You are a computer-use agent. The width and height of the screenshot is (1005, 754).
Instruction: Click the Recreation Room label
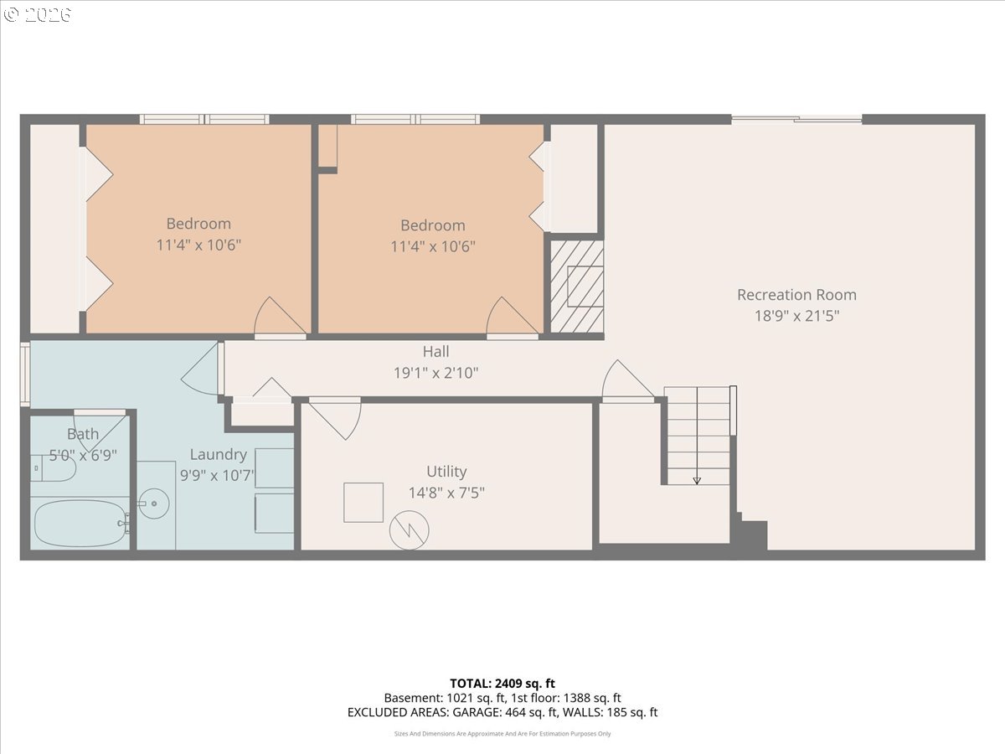coord(796,295)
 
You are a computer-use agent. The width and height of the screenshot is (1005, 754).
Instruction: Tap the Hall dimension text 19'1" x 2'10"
coord(435,373)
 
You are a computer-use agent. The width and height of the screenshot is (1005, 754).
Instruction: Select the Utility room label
coord(446,472)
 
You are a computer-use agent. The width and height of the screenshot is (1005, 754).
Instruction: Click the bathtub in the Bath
coord(80,523)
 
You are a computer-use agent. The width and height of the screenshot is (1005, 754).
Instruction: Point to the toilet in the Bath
coord(53,467)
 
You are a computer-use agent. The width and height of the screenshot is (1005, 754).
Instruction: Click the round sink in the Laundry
coord(154,504)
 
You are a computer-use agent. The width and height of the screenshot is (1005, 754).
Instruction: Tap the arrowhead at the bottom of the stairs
coord(697,481)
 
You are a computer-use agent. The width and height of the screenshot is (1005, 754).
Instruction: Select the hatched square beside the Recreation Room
coord(576,287)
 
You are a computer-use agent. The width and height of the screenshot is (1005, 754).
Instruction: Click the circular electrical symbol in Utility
coord(409,530)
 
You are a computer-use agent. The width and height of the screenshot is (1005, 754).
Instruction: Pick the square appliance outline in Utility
coord(363,502)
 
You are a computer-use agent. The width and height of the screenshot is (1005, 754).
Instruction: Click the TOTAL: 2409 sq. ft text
coord(502,684)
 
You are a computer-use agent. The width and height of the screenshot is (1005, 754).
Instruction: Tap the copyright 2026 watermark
coord(37,14)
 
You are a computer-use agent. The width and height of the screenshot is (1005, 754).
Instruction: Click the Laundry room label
coord(219,455)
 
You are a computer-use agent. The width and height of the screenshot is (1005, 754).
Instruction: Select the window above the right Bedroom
coord(415,120)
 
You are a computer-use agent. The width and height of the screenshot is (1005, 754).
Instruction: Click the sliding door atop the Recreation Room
coord(796,120)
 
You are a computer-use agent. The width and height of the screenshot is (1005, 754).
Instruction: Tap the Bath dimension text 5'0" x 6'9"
coord(83,456)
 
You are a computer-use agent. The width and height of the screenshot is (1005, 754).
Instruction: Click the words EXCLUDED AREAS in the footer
coord(399,712)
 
